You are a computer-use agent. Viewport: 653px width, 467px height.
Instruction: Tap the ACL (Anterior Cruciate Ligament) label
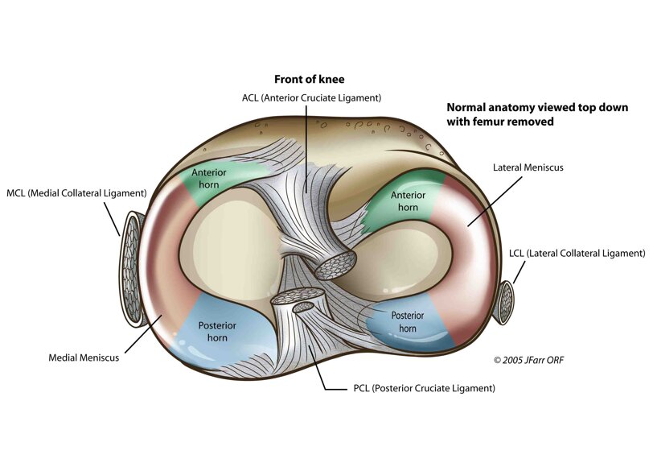[311, 97]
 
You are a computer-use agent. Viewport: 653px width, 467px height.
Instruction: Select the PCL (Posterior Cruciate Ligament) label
[424, 387]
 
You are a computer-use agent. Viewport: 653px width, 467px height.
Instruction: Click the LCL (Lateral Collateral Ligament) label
[577, 253]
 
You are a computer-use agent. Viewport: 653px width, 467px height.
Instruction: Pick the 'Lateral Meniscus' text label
[528, 167]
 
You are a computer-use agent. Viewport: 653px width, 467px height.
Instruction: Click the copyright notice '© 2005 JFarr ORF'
[528, 359]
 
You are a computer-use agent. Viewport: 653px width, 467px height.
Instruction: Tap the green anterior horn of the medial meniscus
[207, 178]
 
